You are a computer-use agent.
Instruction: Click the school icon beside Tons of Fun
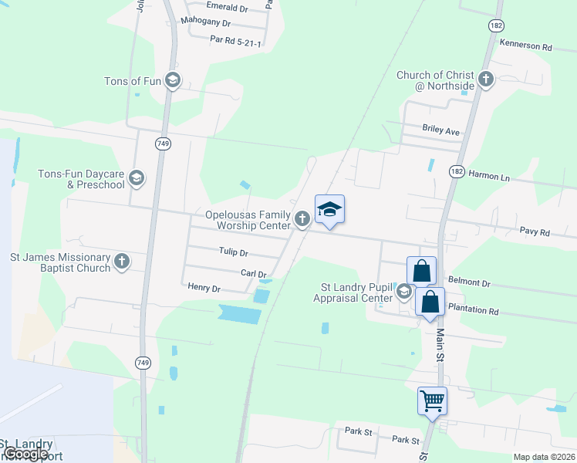[172, 80]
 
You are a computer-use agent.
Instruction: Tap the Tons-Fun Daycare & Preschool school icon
[137, 179]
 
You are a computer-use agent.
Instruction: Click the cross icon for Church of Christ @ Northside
[486, 79]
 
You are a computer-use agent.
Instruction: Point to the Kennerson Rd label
[526, 46]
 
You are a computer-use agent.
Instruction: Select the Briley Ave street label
[440, 131]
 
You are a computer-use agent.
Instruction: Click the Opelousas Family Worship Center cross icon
[302, 220]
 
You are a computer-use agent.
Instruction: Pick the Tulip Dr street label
[233, 252]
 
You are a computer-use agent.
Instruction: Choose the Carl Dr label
[253, 273]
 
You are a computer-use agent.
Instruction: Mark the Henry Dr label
[204, 288]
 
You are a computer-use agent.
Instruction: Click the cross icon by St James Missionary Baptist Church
[122, 262]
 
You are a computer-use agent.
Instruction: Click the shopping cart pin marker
[433, 400]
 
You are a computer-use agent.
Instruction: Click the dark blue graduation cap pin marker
[329, 210]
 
